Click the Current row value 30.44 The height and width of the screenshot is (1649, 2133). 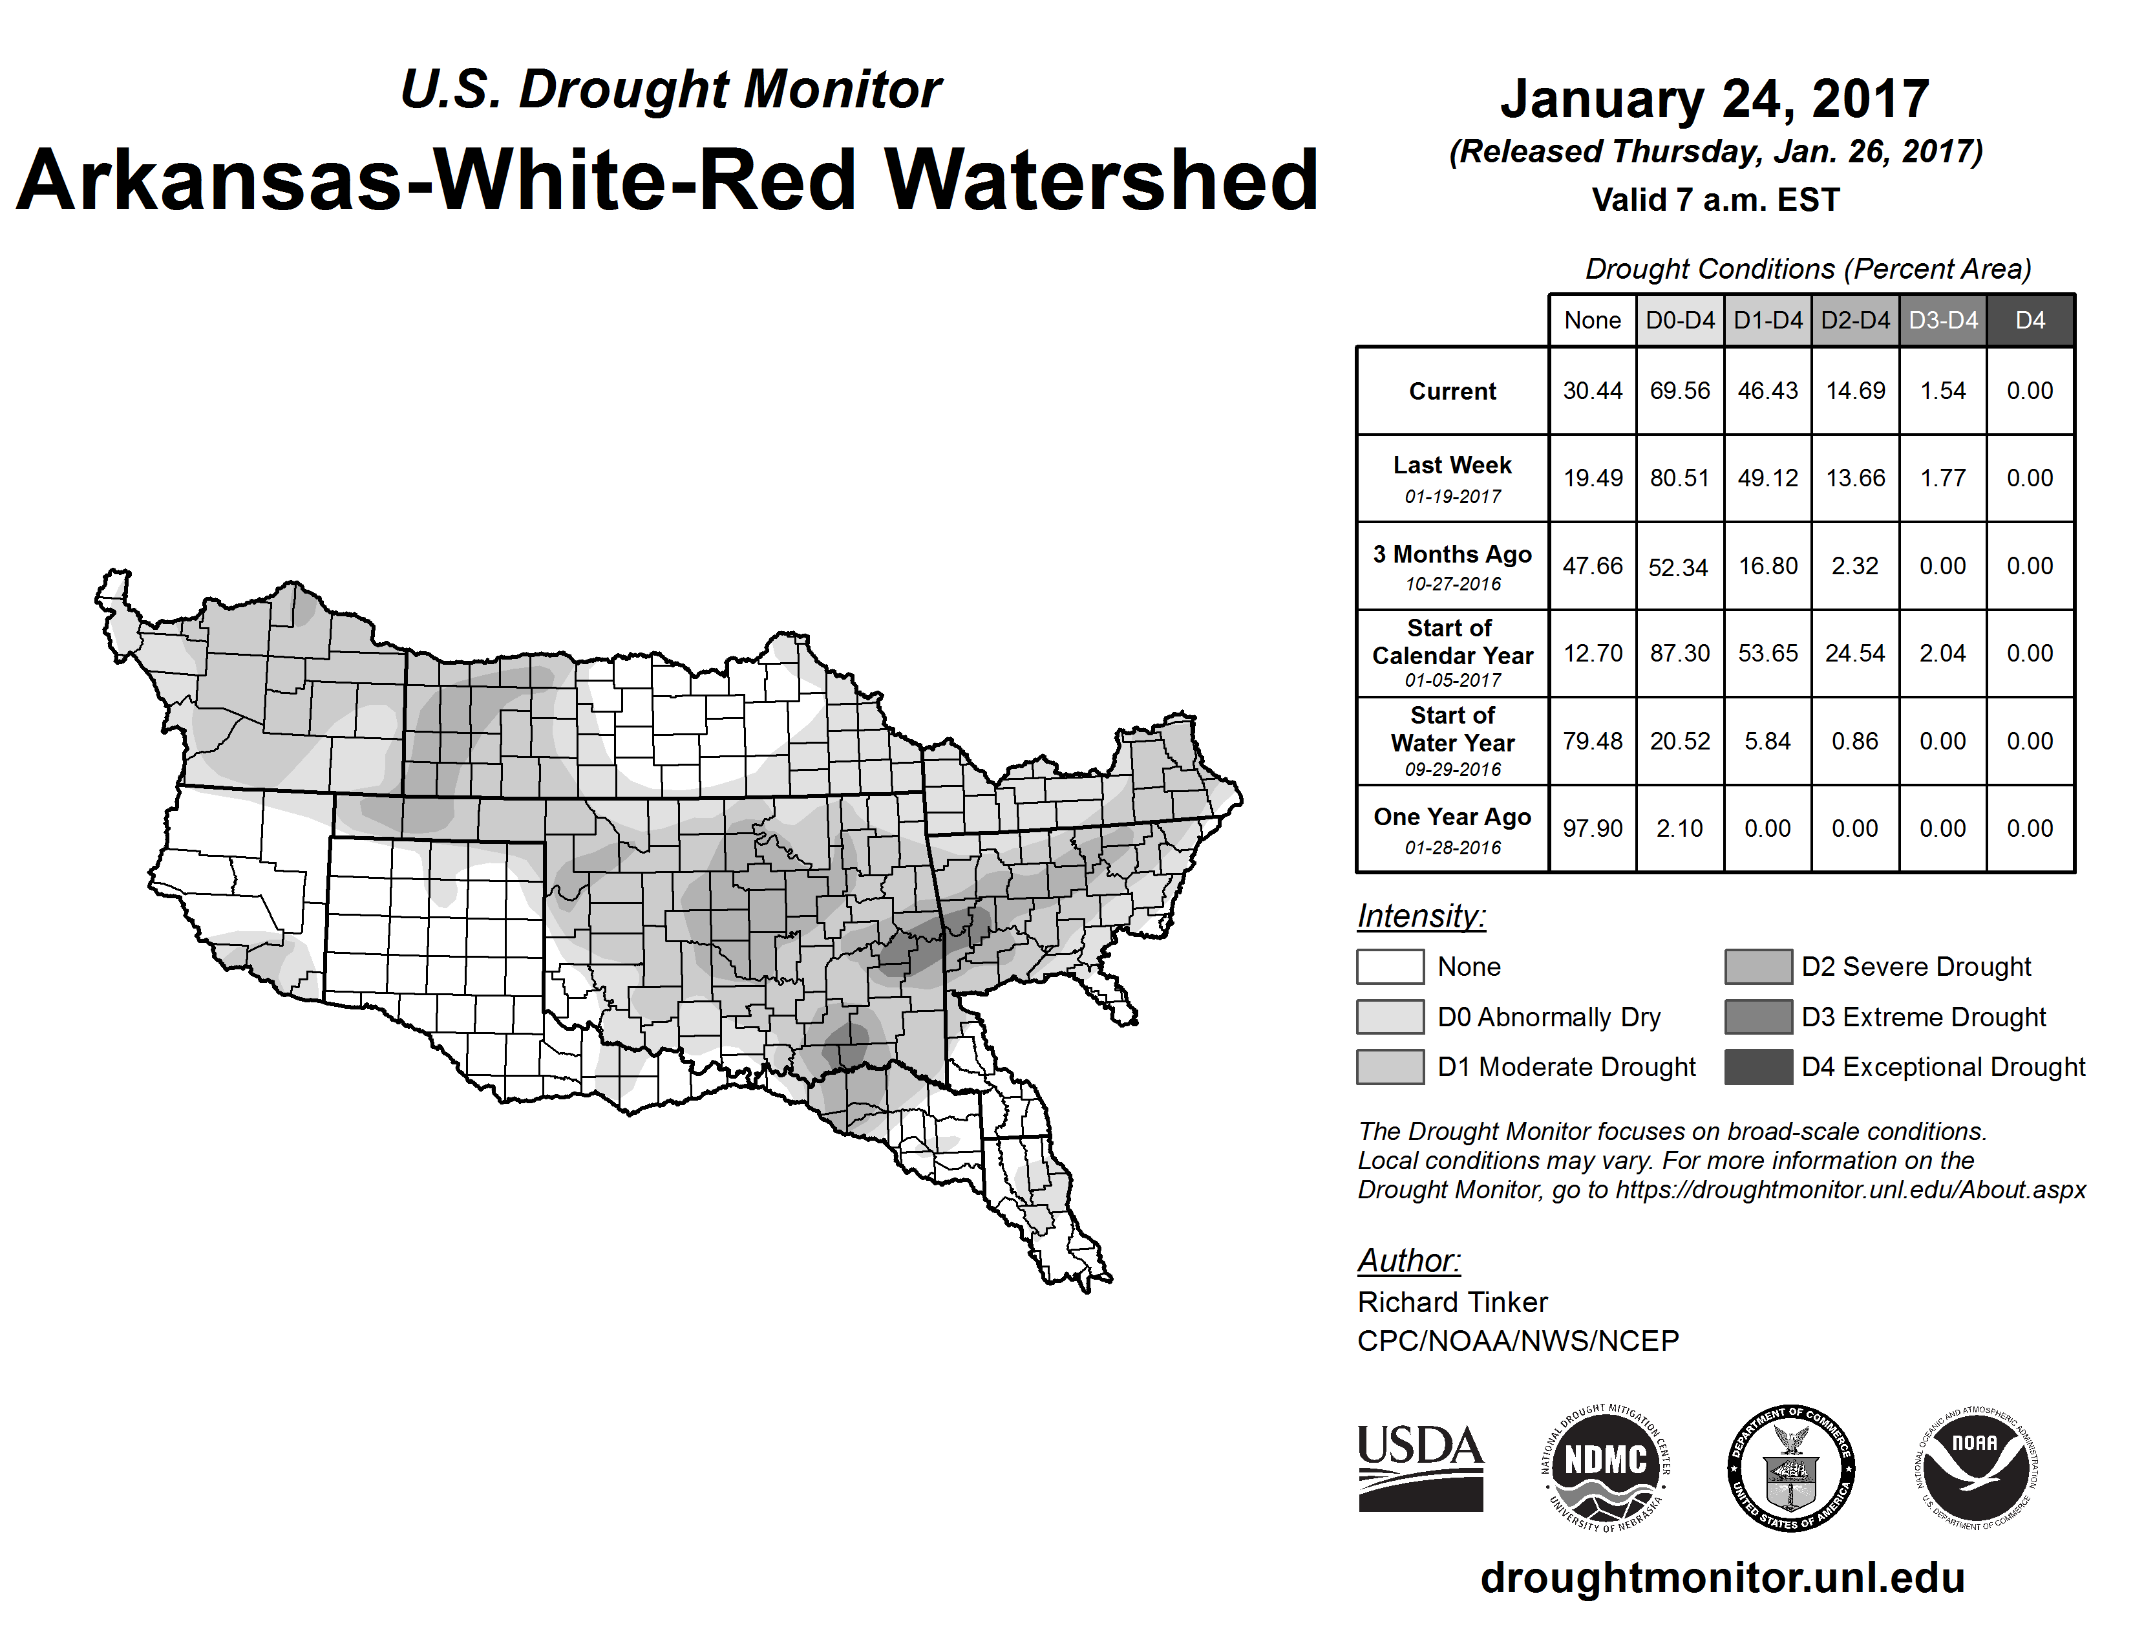coord(1592,391)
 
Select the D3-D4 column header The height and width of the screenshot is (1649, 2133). coord(1942,320)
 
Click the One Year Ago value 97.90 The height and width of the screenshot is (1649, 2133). coord(1592,828)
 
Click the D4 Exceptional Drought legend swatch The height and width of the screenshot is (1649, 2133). coord(1758,1067)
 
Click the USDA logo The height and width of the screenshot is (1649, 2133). coord(1420,1467)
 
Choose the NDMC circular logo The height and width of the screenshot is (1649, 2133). coord(1606,1467)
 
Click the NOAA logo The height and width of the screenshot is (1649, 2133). coord(1975,1467)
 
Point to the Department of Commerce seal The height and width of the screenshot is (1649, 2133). coord(1790,1467)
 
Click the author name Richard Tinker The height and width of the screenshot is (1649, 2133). coord(1452,1302)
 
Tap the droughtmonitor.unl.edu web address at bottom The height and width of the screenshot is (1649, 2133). coord(1722,1578)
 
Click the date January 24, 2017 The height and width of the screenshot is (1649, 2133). coord(1714,99)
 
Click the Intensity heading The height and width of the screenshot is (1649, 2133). coord(1421,916)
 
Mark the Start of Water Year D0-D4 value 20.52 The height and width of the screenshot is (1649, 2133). coord(1680,742)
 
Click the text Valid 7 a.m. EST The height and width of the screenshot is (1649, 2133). coord(1715,200)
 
